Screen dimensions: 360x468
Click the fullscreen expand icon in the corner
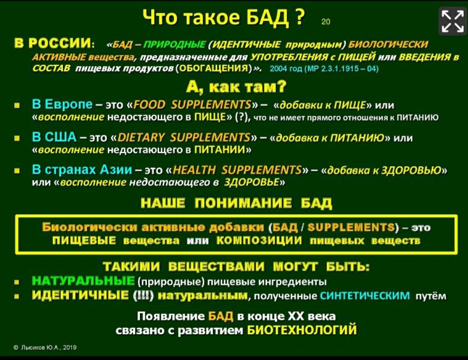pyautogui.click(x=452, y=20)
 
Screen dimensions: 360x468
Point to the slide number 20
pyautogui.click(x=326, y=22)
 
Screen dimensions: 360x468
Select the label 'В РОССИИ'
pyautogui.click(x=53, y=44)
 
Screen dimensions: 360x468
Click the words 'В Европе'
pyautogui.click(x=61, y=105)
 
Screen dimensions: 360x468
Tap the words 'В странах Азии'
pyautogui.click(x=82, y=170)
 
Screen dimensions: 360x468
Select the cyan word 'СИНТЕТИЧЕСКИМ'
pyautogui.click(x=365, y=295)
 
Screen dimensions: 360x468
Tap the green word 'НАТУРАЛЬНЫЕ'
pyautogui.click(x=83, y=281)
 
